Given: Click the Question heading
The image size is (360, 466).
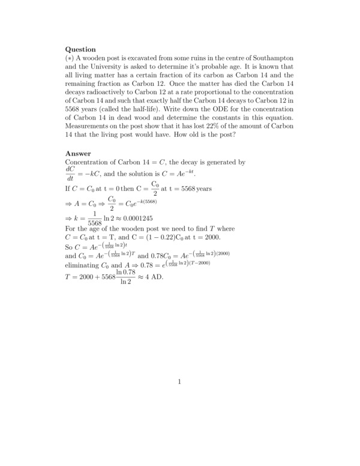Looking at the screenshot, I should pyautogui.click(x=80, y=49).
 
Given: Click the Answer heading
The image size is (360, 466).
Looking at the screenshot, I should pyautogui.click(x=78, y=154).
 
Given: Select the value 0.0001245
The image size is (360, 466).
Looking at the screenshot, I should pyautogui.click(x=140, y=219).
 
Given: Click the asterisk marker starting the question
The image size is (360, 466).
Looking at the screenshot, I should pyautogui.click(x=69, y=58).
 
